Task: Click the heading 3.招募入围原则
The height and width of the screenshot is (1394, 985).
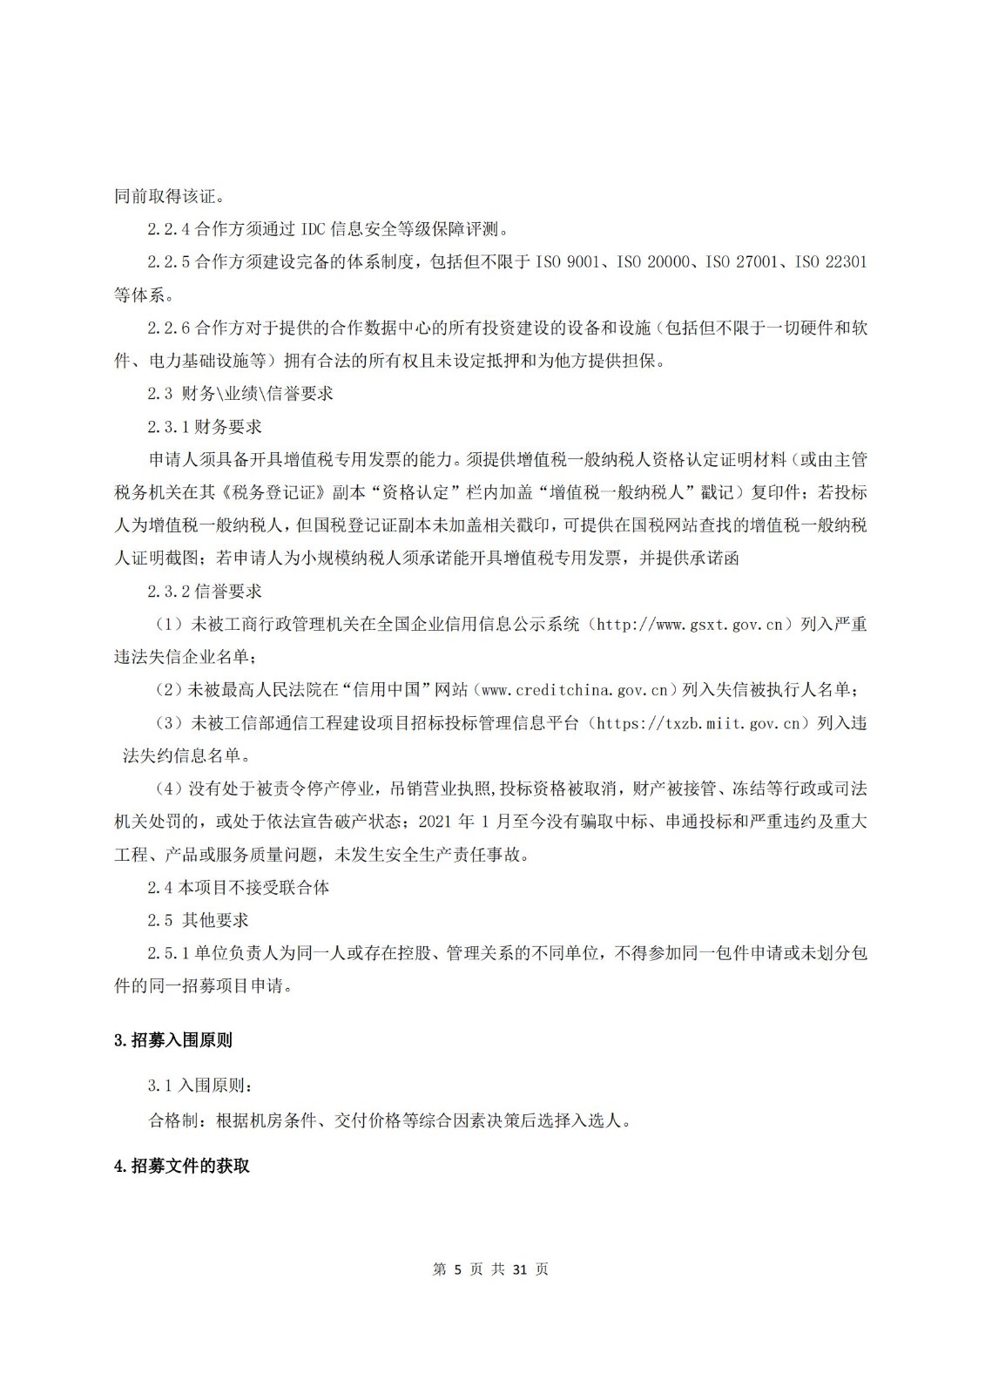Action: tap(173, 1040)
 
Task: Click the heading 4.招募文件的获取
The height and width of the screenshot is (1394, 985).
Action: tap(182, 1166)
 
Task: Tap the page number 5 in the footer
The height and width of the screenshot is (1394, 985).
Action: tap(459, 1269)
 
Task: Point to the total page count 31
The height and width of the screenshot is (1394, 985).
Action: tap(520, 1269)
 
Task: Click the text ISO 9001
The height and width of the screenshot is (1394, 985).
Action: tap(564, 262)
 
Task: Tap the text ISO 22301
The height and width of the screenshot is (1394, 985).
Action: tap(831, 262)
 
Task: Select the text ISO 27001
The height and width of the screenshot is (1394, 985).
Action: tap(743, 262)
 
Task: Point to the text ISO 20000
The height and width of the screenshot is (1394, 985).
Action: tap(653, 262)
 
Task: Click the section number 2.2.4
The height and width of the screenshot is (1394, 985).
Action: tap(169, 230)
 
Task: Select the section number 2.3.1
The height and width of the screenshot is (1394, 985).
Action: tap(169, 427)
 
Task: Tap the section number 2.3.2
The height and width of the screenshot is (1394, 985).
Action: tap(169, 592)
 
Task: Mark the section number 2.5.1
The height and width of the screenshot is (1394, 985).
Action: tap(169, 953)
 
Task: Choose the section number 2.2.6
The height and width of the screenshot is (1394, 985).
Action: tap(169, 328)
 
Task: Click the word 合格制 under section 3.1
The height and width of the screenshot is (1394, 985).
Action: tap(174, 1120)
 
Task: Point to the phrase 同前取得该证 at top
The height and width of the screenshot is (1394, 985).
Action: tap(163, 197)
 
